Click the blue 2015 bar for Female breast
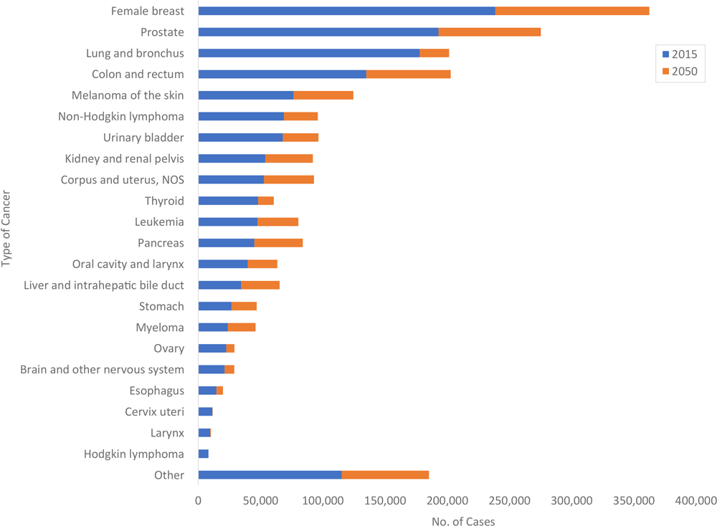346,11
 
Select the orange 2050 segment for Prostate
490,32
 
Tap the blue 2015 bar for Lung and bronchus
308,53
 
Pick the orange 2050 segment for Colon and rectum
409,74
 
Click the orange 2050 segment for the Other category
385,475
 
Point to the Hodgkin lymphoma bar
203,454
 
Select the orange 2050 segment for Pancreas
278,243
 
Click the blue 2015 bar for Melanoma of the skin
246,95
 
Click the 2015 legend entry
679,54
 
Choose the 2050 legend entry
679,71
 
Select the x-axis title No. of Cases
463,521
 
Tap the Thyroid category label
164,201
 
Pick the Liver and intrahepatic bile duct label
104,285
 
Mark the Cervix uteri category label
154,411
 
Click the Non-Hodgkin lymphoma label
121,116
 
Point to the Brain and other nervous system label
102,370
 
